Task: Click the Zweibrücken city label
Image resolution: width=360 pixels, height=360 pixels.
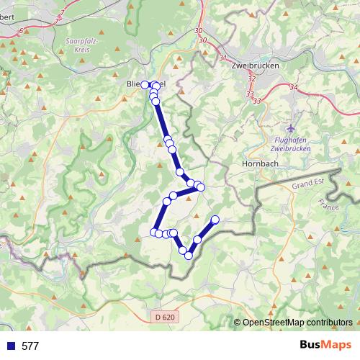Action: (254, 65)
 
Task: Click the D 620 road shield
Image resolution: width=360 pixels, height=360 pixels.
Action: (164, 317)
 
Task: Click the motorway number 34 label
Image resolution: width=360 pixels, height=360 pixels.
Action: (293, 87)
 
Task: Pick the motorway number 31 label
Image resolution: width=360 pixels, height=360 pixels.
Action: (222, 58)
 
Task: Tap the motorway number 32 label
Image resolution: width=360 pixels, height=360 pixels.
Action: (251, 78)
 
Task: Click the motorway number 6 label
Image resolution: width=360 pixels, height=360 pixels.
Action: (21, 30)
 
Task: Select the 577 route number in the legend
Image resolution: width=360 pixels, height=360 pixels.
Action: (30, 346)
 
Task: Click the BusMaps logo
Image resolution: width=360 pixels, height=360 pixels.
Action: (325, 345)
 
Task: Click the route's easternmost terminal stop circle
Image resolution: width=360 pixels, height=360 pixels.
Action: (215, 220)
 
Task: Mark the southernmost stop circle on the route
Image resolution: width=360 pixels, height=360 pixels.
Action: (189, 255)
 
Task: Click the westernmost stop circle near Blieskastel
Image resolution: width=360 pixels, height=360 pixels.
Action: (144, 85)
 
